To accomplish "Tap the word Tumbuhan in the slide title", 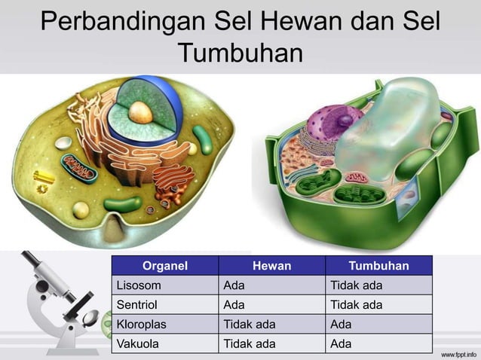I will [x=240, y=53].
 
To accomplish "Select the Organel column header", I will [x=164, y=265].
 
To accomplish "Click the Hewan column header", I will [x=271, y=265].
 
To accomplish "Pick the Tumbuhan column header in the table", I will [x=378, y=265].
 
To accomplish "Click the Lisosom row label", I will [x=138, y=285].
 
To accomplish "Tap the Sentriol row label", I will [x=138, y=305].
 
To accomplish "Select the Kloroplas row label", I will [x=141, y=325].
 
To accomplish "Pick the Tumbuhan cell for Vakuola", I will [x=341, y=344].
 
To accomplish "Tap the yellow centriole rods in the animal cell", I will [x=44, y=176].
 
